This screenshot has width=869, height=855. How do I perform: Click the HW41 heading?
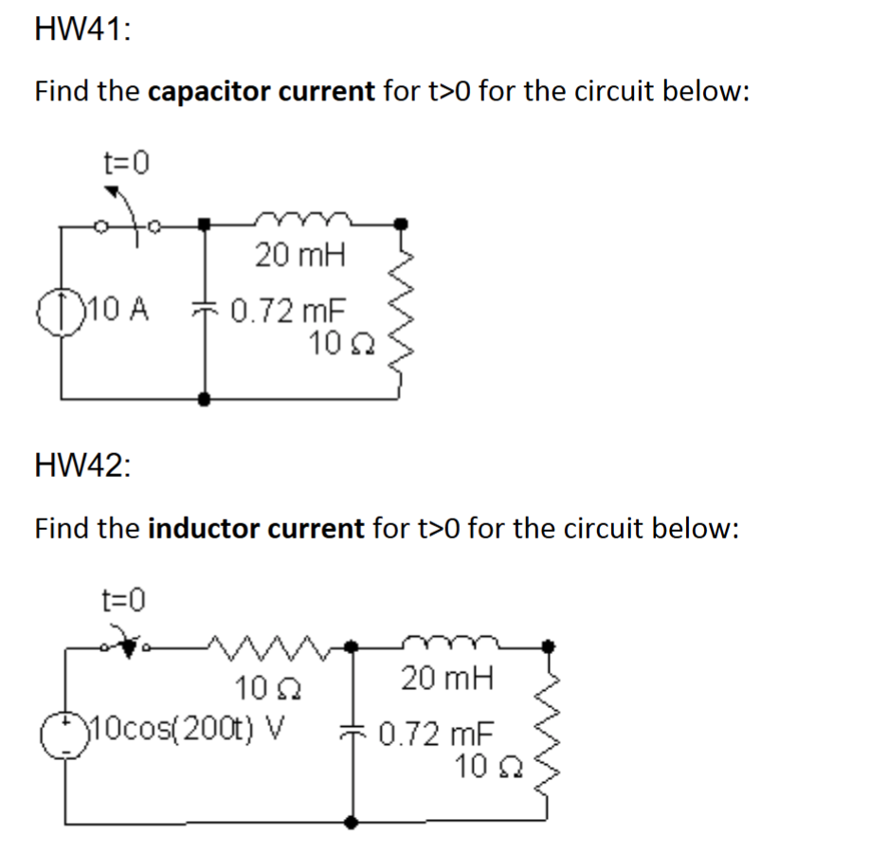[83, 29]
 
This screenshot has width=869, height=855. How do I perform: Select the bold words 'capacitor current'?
[263, 92]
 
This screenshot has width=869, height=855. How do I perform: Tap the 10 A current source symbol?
[63, 311]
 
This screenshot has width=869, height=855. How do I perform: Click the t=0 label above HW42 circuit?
[124, 599]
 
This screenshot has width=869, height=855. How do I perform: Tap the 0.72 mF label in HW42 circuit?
[437, 734]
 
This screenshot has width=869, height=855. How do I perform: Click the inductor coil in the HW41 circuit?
[300, 222]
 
